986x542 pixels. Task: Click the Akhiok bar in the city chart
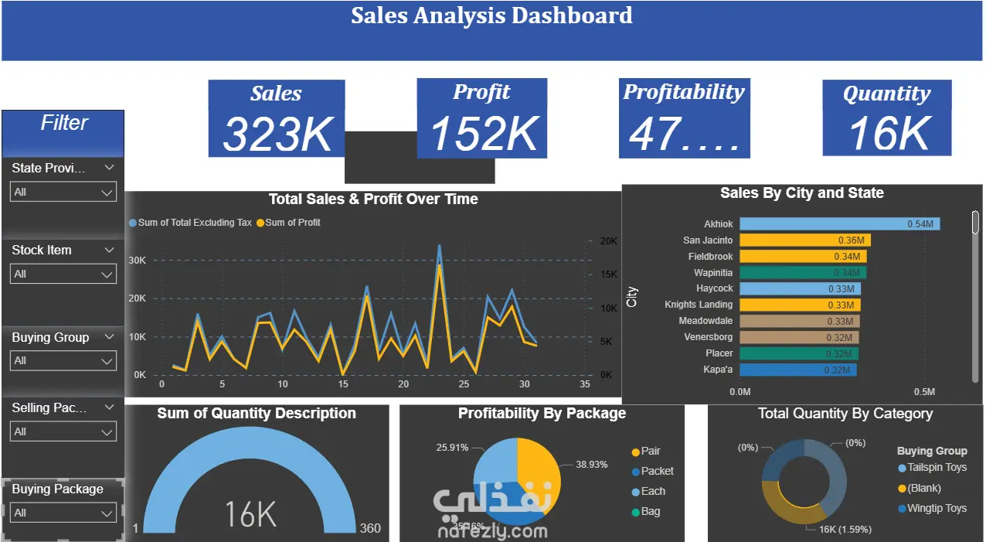[x=839, y=224]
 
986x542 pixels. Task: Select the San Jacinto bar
[x=804, y=240]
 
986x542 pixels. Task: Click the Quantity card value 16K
[x=889, y=132]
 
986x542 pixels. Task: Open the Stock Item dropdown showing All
[x=63, y=274]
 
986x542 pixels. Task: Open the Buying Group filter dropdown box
[x=63, y=360]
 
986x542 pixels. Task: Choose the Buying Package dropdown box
[x=63, y=512]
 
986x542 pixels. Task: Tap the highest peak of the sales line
[x=440, y=246]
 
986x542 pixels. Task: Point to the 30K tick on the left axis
[x=137, y=261]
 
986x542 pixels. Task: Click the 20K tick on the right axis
[x=608, y=241]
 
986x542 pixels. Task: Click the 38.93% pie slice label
[x=591, y=465]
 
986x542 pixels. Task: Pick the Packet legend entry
[x=657, y=471]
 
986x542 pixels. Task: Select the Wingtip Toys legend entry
[x=937, y=508]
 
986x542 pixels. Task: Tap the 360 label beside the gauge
[x=370, y=528]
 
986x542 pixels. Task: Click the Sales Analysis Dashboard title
[x=491, y=15]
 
